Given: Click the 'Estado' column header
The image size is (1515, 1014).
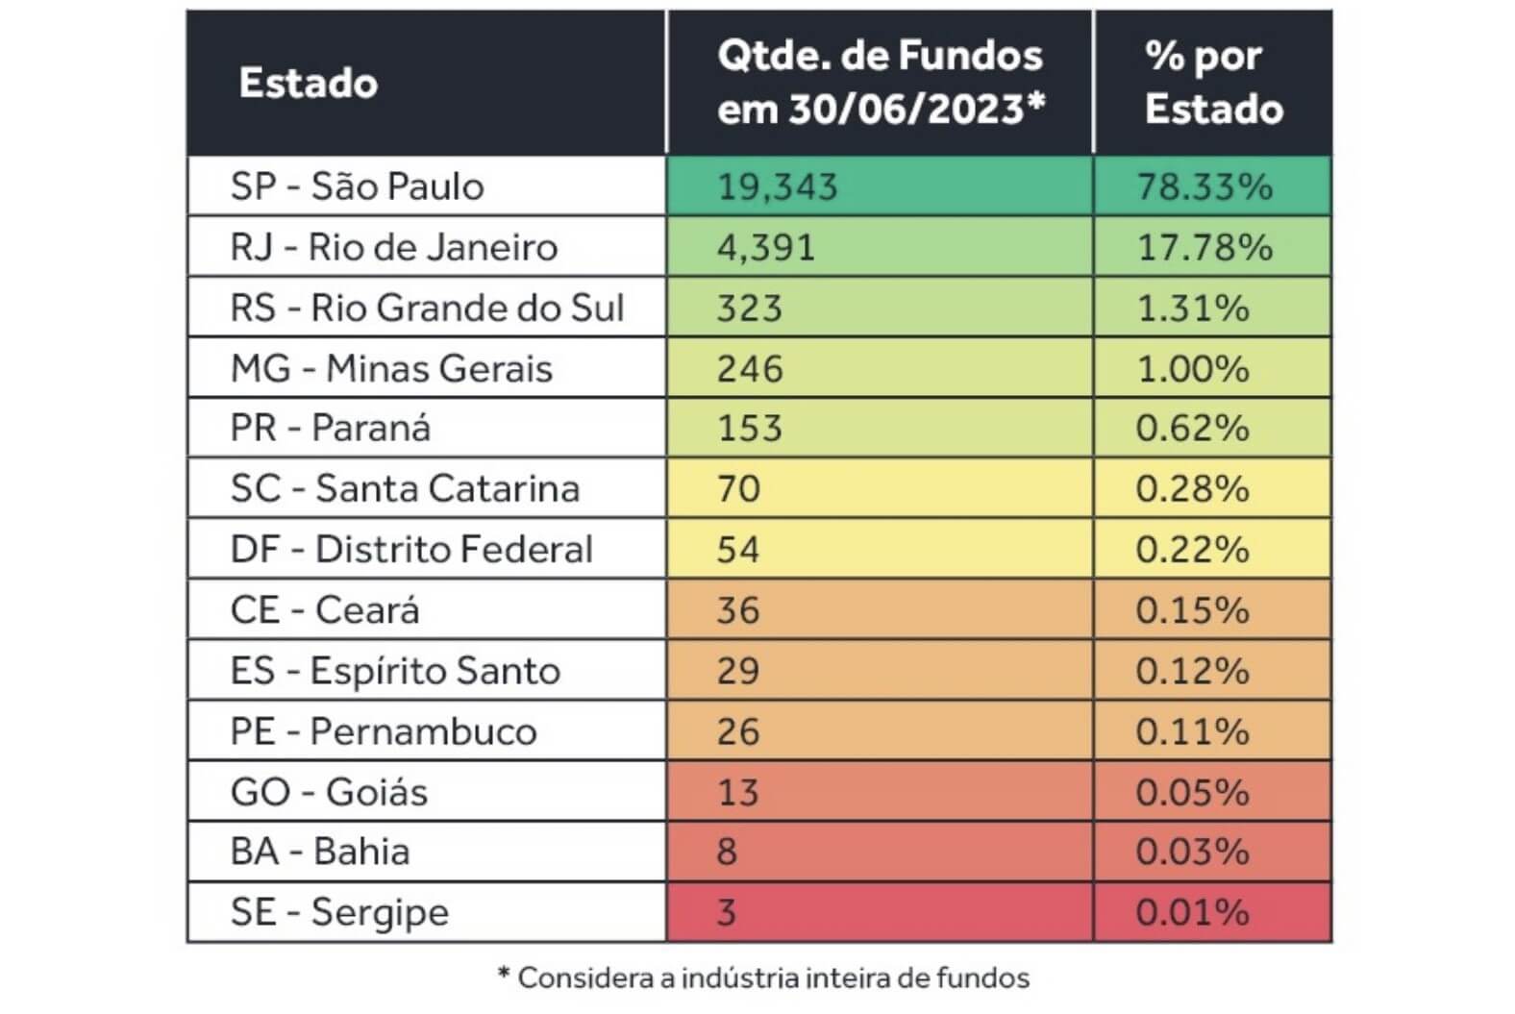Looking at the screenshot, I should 308,84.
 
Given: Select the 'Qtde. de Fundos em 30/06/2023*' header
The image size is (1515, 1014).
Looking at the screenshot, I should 880,83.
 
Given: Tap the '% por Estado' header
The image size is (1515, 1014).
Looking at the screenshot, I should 1213,83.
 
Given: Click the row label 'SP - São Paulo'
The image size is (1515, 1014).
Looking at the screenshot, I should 357,186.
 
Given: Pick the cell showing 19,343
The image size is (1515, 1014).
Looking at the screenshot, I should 777,186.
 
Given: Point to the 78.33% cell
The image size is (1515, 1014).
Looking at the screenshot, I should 1205,186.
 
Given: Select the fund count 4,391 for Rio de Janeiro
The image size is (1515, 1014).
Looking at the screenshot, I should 766,247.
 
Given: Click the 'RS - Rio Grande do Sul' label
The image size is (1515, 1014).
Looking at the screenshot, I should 427,308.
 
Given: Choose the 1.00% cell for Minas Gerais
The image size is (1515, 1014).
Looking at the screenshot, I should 1193,368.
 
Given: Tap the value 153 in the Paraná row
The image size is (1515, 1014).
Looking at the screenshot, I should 750,428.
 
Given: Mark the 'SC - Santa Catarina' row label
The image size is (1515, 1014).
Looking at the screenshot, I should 405,488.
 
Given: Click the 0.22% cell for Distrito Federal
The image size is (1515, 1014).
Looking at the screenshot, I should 1193,549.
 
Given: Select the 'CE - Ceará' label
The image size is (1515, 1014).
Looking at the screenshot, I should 325,609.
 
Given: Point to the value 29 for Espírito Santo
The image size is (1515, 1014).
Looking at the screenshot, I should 738,670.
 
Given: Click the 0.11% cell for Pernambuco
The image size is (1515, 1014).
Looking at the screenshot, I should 1193,730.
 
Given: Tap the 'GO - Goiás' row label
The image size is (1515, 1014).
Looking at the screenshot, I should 329,791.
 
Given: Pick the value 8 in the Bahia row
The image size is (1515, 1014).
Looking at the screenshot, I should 728,852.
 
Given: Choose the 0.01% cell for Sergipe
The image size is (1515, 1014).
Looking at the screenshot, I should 1193,912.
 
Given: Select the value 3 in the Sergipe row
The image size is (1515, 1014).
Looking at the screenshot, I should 728,912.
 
